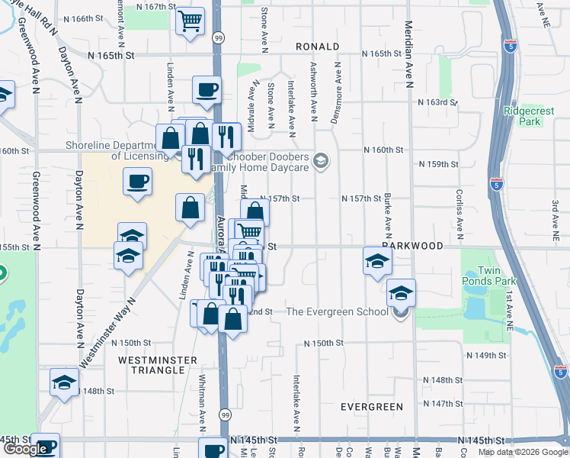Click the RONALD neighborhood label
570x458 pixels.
pos(318,47)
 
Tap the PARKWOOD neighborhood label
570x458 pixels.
pos(414,247)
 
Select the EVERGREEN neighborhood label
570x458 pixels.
pos(372,407)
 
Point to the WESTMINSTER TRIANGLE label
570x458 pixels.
pos(159,365)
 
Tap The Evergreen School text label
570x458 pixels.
pos(338,311)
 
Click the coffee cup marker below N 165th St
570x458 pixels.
pos(207,89)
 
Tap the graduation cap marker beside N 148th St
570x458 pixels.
pos(65,381)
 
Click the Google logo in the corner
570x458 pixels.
pos(26,449)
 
